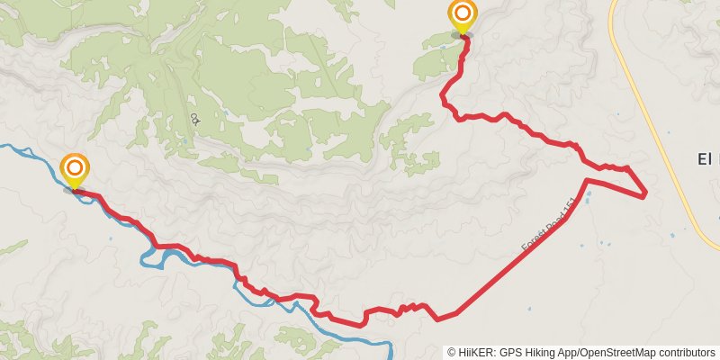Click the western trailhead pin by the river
[x=75, y=168]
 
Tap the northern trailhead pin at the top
[x=462, y=14]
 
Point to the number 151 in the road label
[x=565, y=211]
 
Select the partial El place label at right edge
[x=707, y=159]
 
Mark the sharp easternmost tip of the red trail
[x=645, y=195]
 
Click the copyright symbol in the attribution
[x=452, y=353]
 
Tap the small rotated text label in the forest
[x=194, y=119]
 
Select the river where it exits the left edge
[x=4, y=145]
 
